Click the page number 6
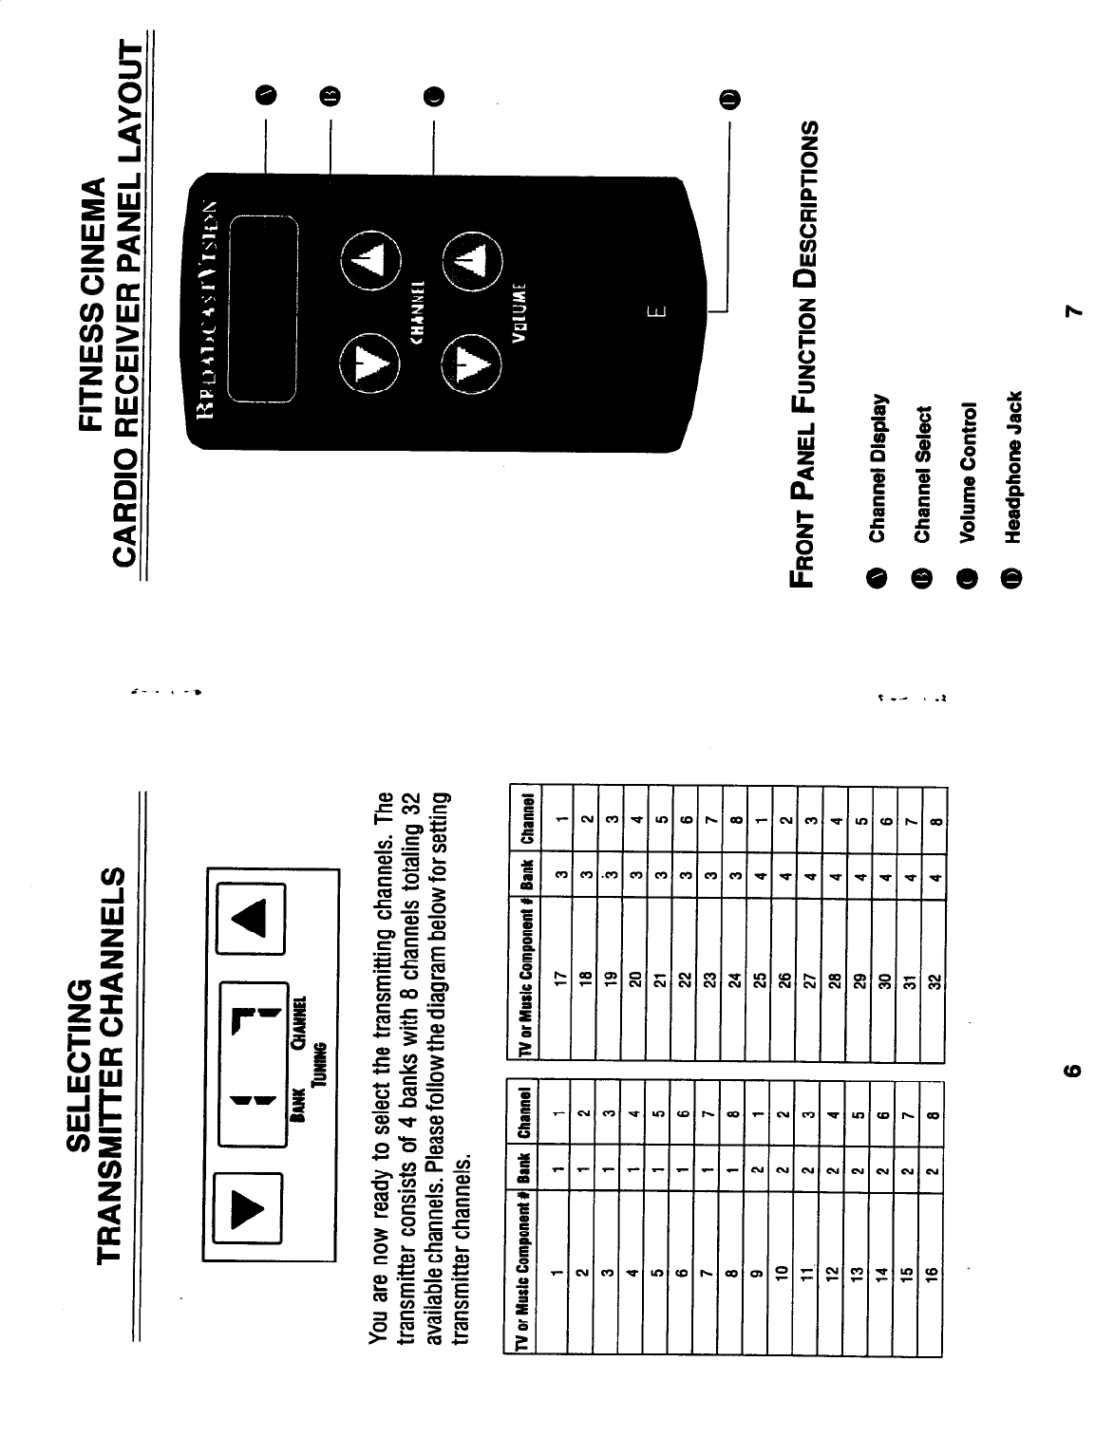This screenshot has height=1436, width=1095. click(x=1070, y=1070)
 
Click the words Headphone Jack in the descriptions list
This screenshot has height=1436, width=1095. click(x=1013, y=466)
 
